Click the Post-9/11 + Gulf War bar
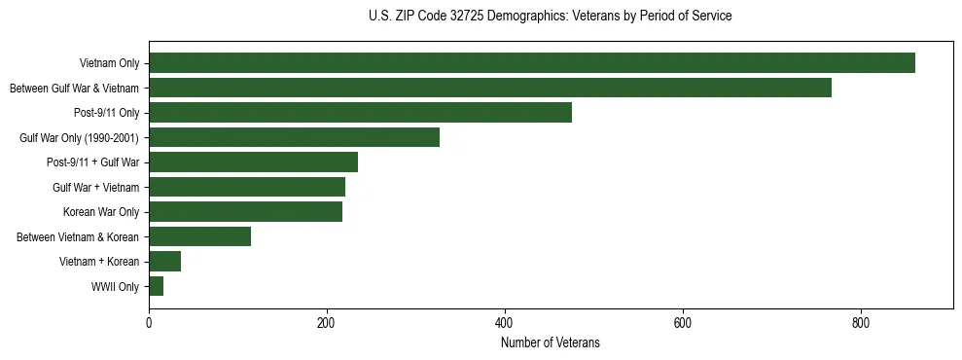(x=253, y=162)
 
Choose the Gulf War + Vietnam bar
(x=247, y=187)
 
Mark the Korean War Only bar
(x=245, y=212)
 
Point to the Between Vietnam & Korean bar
(x=199, y=236)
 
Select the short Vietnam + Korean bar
(x=164, y=262)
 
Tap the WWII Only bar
(x=156, y=286)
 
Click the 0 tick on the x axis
(x=149, y=323)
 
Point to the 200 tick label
(x=327, y=323)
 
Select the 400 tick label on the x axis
(x=504, y=323)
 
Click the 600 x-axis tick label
(x=682, y=323)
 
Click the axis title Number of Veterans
(x=551, y=342)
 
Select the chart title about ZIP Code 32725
(x=551, y=17)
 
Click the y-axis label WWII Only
(x=115, y=287)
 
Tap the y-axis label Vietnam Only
(x=109, y=63)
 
